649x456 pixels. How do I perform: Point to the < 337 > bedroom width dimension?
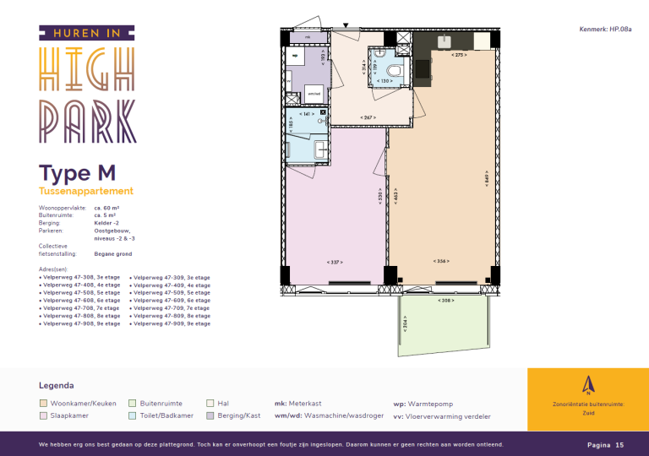[334, 262]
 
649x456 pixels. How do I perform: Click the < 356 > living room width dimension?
[440, 262]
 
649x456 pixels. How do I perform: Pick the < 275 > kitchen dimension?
[459, 55]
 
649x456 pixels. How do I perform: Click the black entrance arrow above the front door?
[345, 25]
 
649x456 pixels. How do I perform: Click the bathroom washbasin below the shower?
[321, 150]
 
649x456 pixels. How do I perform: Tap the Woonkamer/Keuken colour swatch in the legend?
[44, 404]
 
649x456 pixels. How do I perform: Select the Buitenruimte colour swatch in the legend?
[133, 404]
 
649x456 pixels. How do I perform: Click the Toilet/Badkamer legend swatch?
[133, 415]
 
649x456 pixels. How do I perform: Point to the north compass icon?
[587, 384]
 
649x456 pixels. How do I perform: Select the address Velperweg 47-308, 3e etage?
[81, 277]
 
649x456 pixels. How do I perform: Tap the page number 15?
[619, 444]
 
